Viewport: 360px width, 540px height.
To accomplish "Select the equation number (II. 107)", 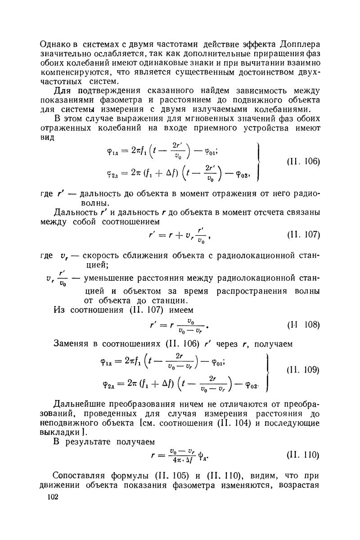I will tap(303, 235).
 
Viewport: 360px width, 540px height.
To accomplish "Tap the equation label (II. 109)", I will tap(303, 370).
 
